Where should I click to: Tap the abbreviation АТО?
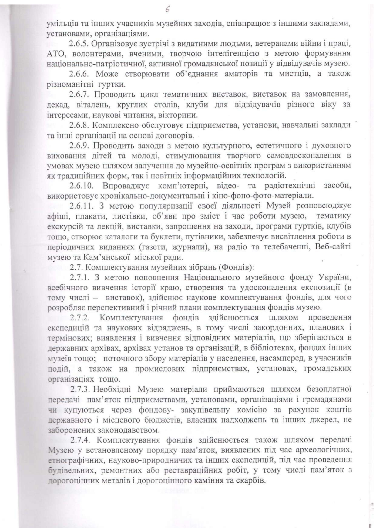coord(55,54)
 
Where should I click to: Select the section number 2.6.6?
coord(79,74)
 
